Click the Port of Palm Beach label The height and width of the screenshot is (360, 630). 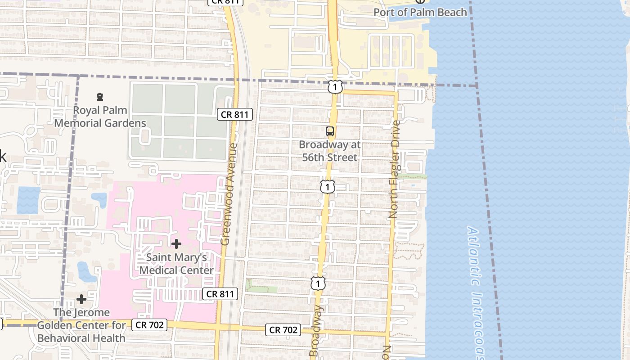420,12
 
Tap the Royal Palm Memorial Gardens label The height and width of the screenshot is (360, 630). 100,117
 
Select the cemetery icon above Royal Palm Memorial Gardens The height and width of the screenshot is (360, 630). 100,96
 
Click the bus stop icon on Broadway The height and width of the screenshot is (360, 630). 330,131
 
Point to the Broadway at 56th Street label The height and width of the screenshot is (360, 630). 330,151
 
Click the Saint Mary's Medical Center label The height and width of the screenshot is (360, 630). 176,264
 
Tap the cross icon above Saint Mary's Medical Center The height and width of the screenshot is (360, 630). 176,244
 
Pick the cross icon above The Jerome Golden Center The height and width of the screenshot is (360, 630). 81,299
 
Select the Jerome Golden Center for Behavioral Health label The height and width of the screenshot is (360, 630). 81,325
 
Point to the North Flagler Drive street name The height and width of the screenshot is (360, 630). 395,169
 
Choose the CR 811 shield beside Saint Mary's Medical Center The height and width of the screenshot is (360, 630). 220,294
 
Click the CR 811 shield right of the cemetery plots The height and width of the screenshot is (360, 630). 235,115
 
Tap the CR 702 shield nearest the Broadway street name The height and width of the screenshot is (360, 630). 283,330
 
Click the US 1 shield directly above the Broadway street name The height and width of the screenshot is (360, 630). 318,283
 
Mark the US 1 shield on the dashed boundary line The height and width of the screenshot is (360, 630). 335,87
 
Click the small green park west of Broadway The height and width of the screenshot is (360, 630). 261,286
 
